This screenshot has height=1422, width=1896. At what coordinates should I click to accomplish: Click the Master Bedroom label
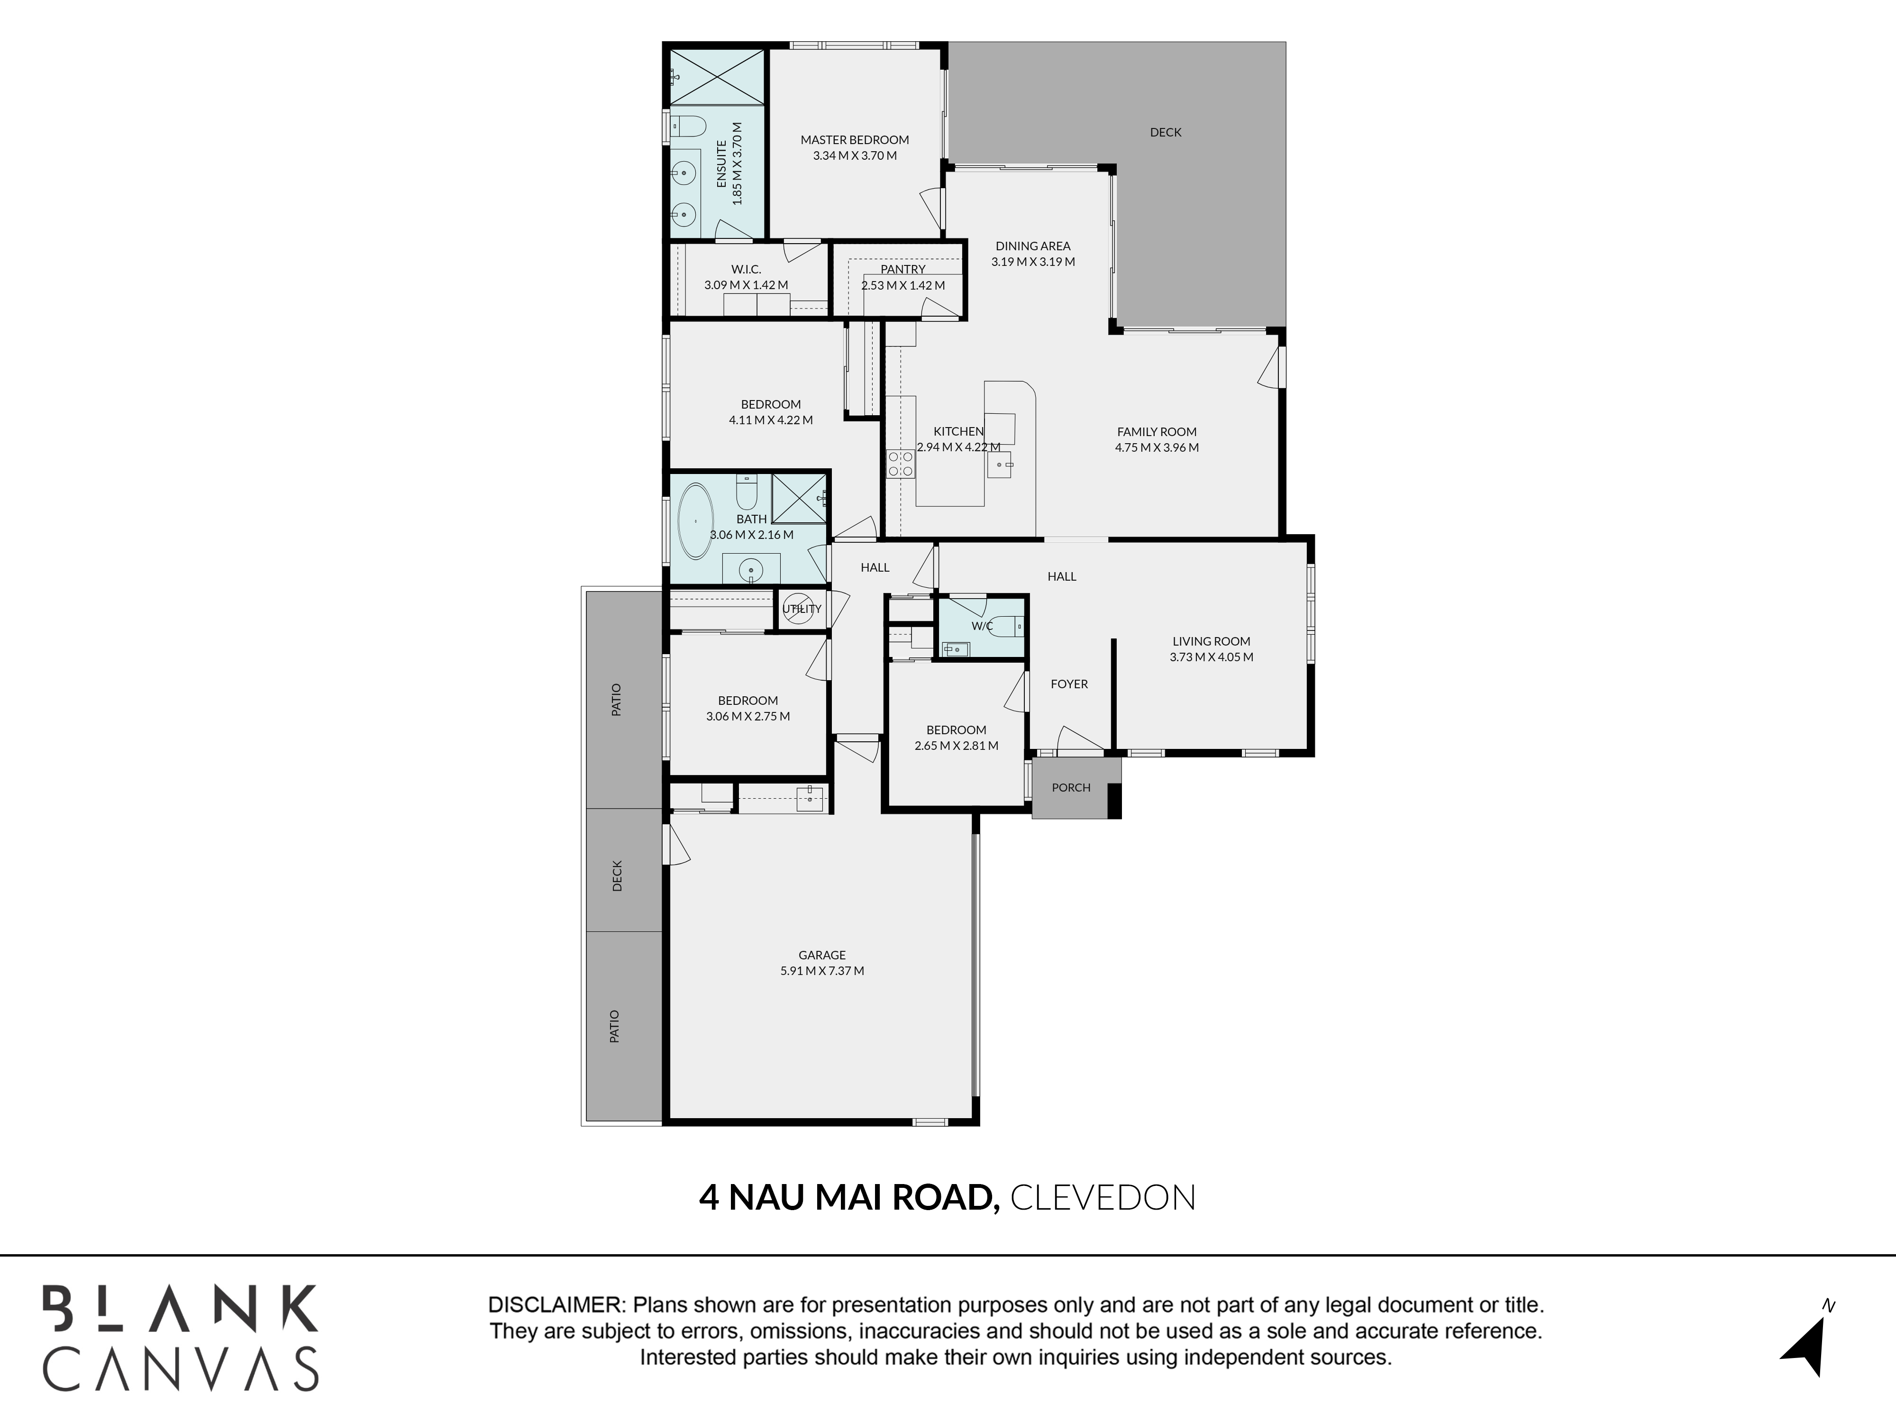[x=855, y=140]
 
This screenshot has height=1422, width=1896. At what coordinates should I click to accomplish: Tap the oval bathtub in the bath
[x=696, y=521]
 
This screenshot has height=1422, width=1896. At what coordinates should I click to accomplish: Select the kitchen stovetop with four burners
[x=900, y=464]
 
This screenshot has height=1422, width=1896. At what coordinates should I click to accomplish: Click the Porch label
[x=1071, y=787]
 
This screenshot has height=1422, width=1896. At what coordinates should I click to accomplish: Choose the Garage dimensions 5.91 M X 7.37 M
[x=822, y=971]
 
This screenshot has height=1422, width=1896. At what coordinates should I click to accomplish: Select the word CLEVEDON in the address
[x=1103, y=1197]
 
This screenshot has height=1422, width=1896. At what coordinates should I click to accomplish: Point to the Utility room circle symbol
[x=800, y=608]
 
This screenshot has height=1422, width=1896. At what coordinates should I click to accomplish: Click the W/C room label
[x=982, y=626]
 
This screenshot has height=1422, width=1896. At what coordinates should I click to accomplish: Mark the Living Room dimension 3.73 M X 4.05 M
[x=1211, y=657]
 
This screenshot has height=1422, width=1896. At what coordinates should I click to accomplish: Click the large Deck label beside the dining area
[x=1166, y=132]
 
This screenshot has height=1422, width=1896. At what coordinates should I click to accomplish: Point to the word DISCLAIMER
[x=556, y=1305]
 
